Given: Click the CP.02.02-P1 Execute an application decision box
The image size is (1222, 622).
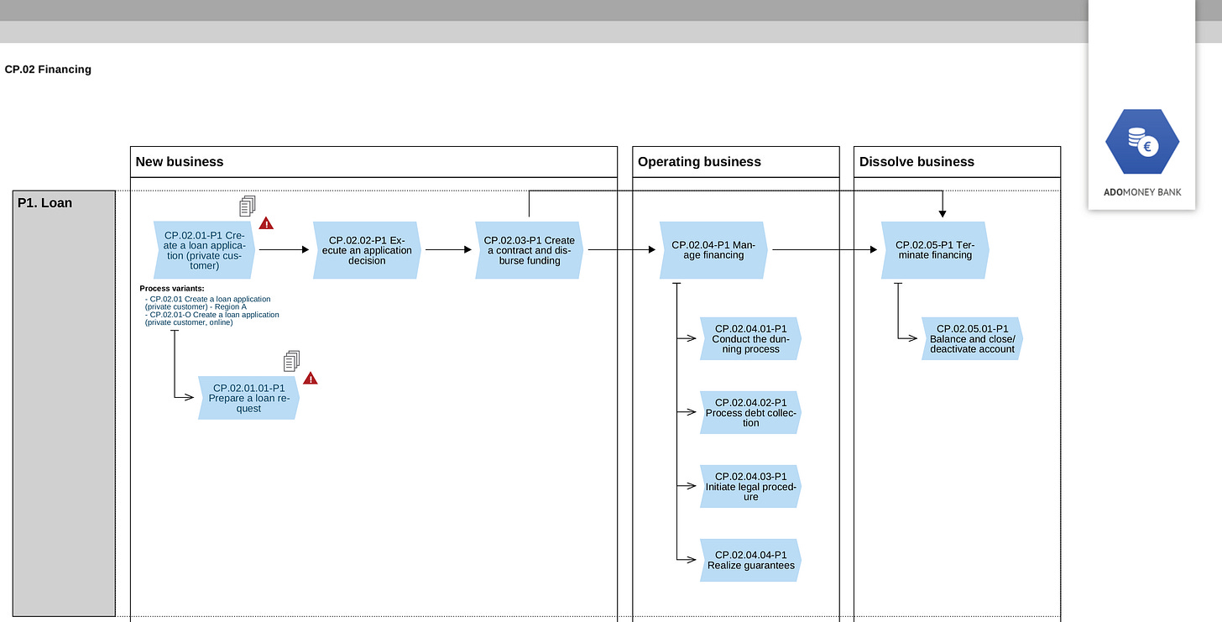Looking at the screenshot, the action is [x=367, y=250].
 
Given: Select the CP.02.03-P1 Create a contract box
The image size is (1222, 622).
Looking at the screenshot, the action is [x=529, y=250].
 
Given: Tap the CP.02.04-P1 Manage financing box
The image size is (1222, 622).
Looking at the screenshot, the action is [x=713, y=250].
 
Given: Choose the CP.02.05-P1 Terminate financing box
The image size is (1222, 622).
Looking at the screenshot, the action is [x=935, y=250].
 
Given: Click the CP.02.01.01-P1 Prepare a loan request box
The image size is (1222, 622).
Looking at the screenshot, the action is [x=248, y=398].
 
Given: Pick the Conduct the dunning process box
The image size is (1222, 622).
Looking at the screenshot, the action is [x=750, y=339].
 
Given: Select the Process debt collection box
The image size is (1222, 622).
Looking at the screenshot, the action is [x=750, y=412].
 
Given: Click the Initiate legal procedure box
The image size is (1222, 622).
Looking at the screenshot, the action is [x=750, y=487].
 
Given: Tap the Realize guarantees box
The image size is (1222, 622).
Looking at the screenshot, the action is [x=750, y=561].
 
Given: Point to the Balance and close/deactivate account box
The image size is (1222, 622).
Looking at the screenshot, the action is [x=972, y=339].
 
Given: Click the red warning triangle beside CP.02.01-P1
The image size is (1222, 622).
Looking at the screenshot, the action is [x=266, y=223].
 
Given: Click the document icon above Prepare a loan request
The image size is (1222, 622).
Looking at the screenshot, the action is [x=292, y=361].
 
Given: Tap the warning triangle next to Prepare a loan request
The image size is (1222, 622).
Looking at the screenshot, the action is [x=311, y=378].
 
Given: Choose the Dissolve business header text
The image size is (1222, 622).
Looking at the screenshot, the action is [x=916, y=161].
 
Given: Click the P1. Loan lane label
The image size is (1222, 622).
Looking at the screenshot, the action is [x=44, y=203].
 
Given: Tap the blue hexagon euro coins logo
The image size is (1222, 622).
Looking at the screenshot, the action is [x=1142, y=142].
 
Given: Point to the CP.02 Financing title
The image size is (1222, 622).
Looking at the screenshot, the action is [x=48, y=70].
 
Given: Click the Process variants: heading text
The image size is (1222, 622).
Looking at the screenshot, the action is [x=172, y=289].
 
